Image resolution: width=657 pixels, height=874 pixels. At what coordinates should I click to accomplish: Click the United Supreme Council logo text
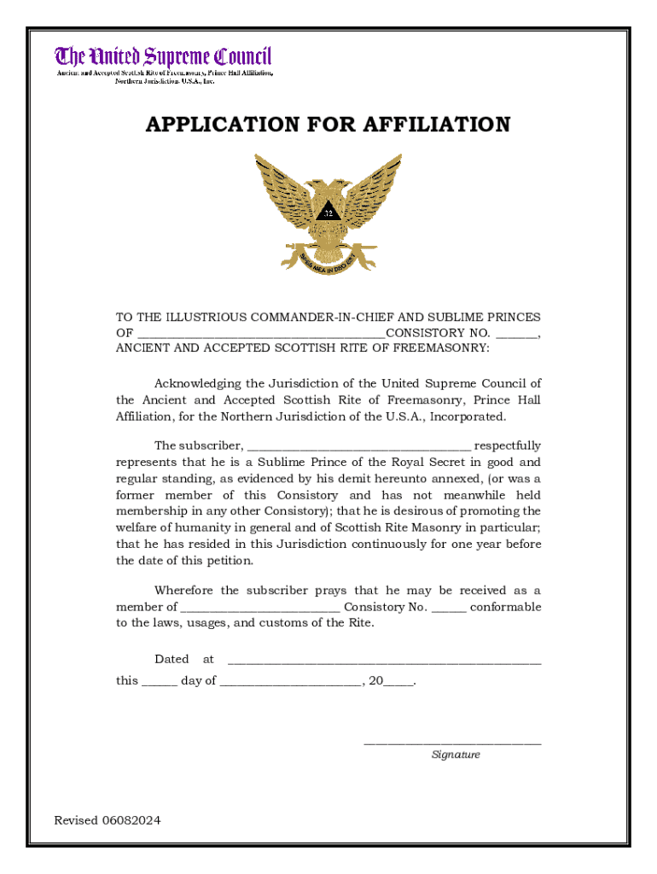pos(163,57)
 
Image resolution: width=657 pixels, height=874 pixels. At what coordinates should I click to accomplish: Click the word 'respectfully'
pos(508,446)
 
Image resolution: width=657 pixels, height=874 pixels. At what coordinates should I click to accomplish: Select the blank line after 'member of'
pos(260,608)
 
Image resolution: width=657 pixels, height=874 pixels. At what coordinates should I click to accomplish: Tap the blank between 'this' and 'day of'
pos(160,682)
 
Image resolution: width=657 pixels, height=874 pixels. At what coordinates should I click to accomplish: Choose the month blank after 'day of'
pos(290,682)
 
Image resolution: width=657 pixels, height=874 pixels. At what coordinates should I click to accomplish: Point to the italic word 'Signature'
pos(456,755)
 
